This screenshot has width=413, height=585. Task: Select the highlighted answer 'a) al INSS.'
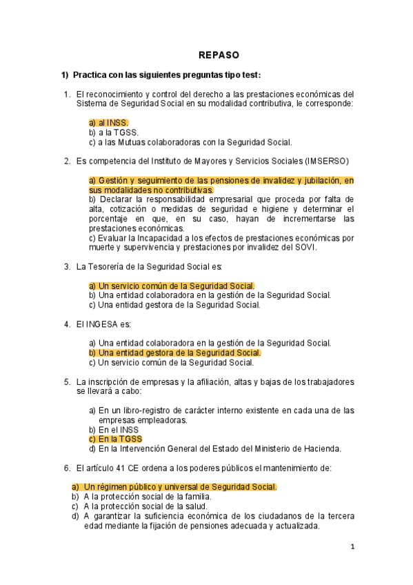108,123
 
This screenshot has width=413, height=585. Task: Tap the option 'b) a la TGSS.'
113,132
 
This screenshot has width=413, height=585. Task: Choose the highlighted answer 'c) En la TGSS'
115,439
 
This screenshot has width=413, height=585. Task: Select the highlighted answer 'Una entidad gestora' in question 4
174,353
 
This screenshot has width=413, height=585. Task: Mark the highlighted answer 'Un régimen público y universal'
173,487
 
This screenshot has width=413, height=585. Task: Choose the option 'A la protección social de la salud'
145,506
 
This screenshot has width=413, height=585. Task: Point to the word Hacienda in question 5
325,448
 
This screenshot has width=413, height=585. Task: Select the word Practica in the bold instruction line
90,75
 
